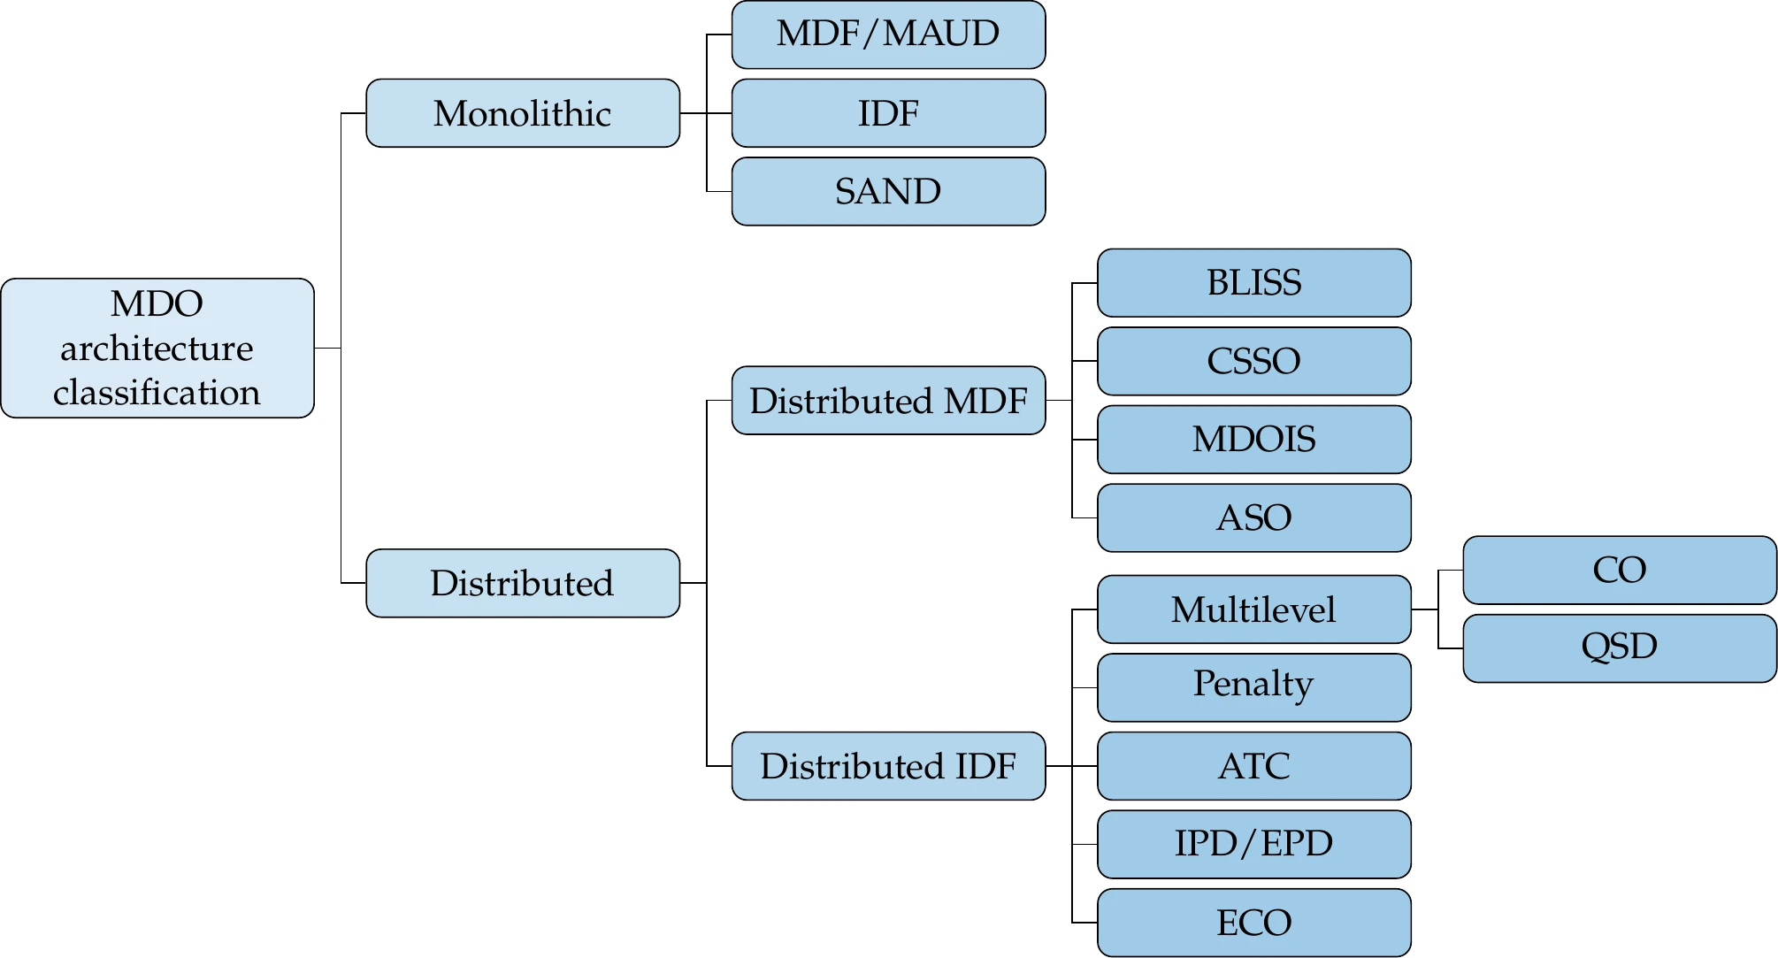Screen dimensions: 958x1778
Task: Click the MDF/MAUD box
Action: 888,34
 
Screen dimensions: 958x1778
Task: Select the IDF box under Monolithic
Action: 888,113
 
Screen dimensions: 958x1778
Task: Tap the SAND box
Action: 888,191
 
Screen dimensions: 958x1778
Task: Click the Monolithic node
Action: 522,113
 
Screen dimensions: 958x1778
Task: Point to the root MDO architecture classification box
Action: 157,348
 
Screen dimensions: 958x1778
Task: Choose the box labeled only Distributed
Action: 522,583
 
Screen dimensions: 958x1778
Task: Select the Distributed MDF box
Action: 888,401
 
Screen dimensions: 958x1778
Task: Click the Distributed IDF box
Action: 888,766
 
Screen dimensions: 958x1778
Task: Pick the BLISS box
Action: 1253,283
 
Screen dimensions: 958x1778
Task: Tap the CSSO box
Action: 1253,361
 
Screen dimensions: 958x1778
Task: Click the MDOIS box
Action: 1253,440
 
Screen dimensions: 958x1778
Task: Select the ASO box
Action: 1253,517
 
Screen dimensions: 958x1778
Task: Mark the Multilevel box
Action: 1253,609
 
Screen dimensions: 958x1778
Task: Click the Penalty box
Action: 1253,687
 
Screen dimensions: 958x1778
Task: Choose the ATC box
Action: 1253,766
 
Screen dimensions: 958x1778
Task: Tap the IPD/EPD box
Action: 1253,844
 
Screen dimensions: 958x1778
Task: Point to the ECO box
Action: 1253,923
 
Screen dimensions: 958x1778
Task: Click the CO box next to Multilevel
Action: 1619,570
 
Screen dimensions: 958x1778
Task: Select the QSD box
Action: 1619,648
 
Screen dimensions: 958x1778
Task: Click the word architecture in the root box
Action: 157,349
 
